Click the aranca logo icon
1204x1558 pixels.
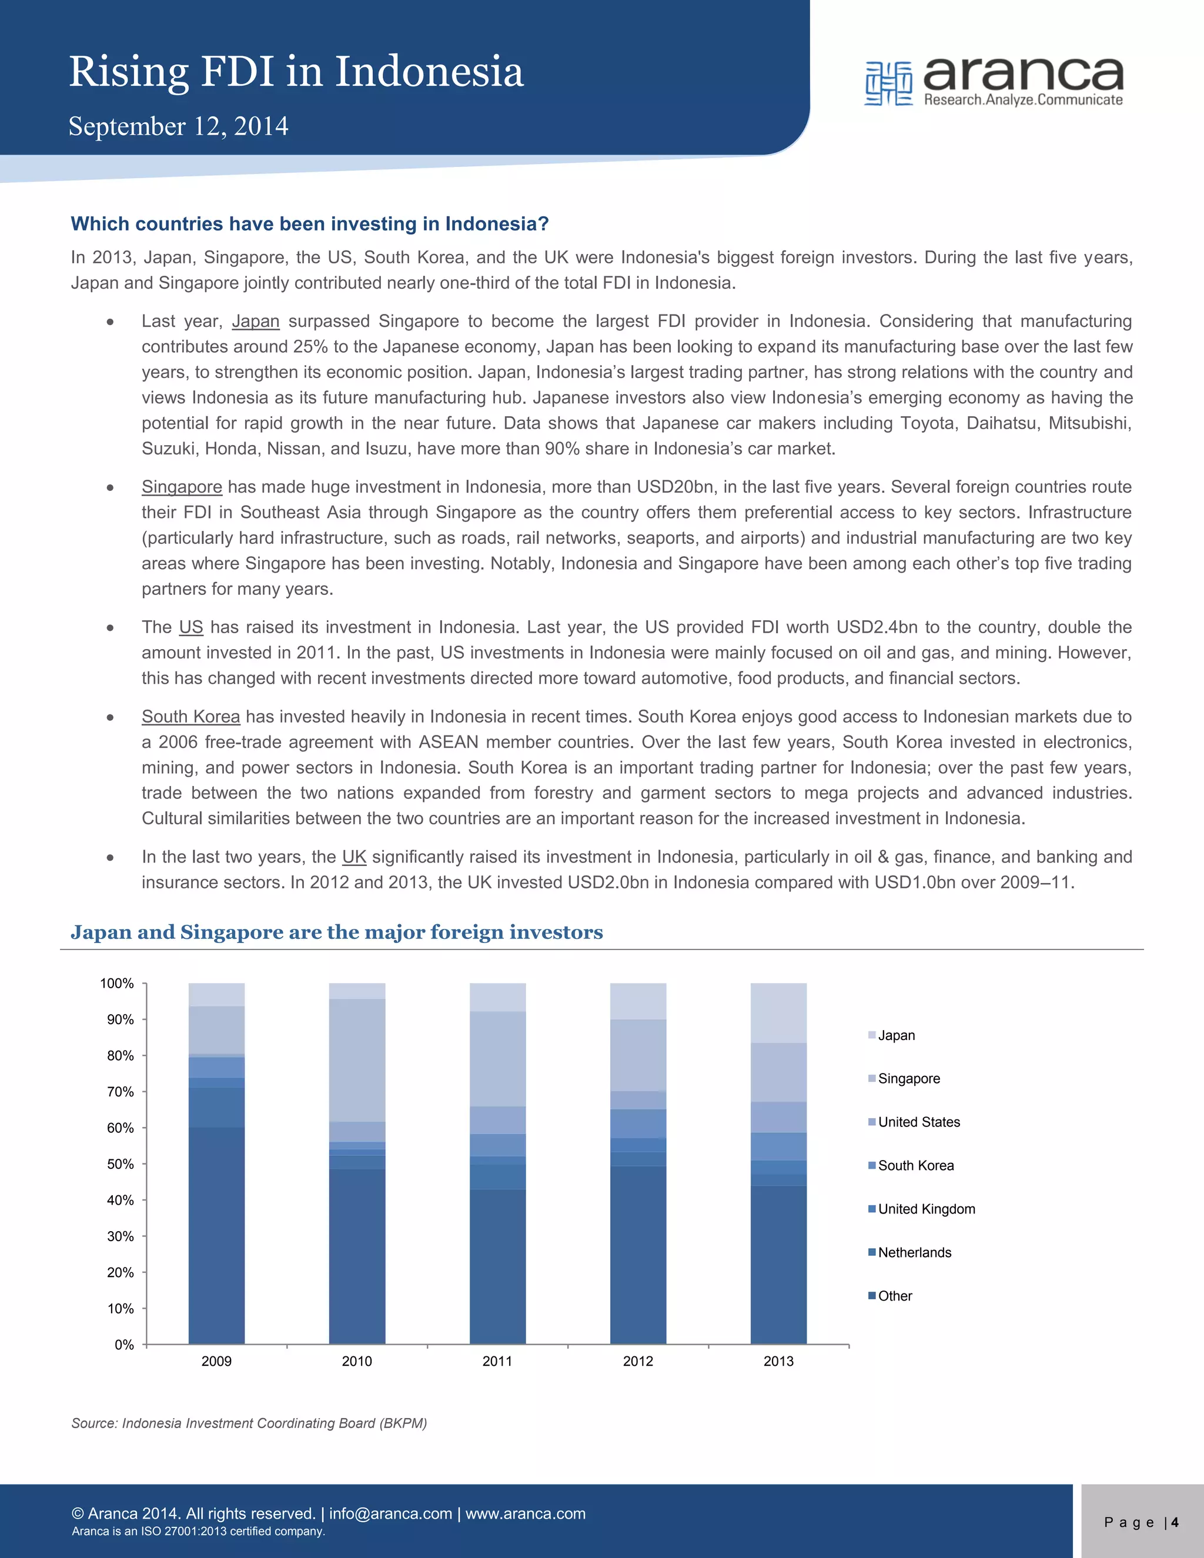888,83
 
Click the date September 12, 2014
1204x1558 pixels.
178,126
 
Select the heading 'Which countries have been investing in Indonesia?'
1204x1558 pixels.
310,224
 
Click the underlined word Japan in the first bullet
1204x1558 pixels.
255,321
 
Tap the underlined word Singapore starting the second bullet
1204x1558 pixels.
182,487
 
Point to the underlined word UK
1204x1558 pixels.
354,857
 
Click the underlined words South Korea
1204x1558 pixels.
190,716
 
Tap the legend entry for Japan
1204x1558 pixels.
896,1035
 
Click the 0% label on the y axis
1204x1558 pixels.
124,1345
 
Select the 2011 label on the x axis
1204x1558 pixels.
497,1361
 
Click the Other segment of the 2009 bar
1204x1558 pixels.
216,1234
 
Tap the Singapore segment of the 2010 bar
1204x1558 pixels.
357,1059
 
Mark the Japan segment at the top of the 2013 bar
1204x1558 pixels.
778,1013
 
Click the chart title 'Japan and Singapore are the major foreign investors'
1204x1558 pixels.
337,932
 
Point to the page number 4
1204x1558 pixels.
1174,1522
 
